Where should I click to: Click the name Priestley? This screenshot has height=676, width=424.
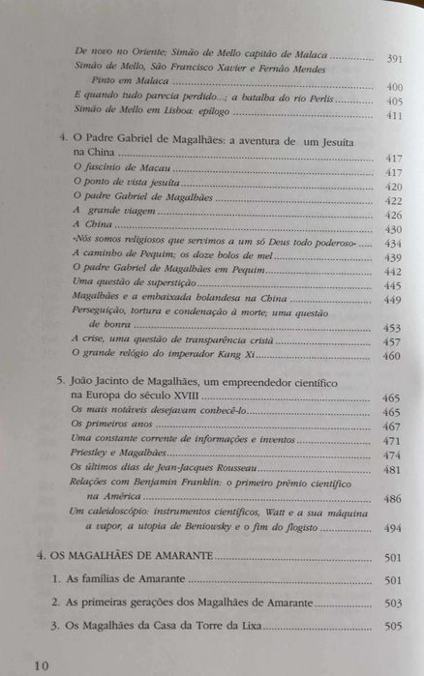96,455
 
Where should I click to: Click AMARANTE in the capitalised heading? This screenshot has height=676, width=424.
172,557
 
